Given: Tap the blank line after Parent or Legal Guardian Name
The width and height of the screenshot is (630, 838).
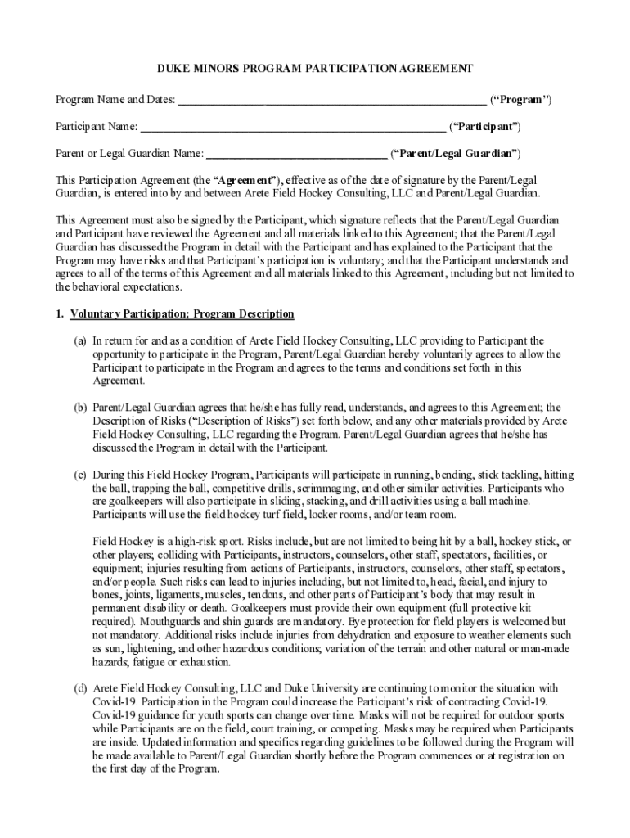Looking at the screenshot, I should [x=296, y=155].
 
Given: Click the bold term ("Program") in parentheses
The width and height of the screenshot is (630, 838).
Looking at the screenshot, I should [x=520, y=100].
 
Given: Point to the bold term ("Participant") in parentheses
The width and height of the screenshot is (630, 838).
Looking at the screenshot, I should [x=486, y=127].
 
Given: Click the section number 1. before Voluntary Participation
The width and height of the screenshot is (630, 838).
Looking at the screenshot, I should [x=60, y=314].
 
